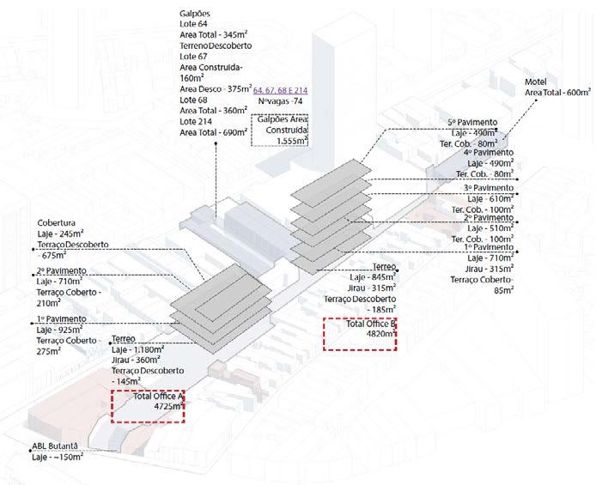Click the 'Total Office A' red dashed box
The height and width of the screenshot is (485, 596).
coord(148,406)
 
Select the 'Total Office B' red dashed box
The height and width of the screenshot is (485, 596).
coord(358,333)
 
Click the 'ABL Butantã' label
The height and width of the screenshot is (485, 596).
coord(44,446)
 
